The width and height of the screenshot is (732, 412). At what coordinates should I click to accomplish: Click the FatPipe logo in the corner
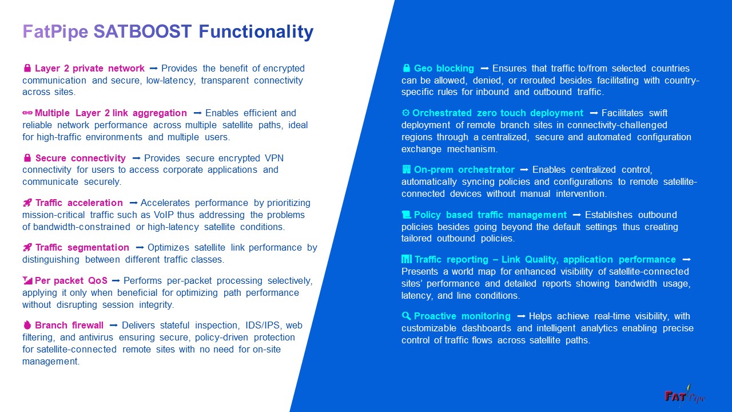click(685, 395)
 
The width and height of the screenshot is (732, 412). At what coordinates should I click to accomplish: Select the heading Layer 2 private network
click(90, 68)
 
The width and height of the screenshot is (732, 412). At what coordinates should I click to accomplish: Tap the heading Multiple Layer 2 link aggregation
click(111, 113)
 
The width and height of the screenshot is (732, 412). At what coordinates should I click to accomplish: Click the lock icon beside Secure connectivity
click(27, 158)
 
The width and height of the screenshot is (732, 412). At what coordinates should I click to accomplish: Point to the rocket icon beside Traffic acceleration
click(27, 203)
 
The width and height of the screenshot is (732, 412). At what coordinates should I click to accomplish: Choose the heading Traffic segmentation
click(82, 247)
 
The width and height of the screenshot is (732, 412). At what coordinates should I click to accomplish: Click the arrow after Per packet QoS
click(116, 280)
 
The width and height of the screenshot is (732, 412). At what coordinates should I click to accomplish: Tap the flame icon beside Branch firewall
click(27, 325)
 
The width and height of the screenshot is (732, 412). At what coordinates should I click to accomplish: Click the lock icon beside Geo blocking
click(406, 68)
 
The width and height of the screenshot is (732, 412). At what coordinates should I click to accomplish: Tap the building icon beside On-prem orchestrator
click(406, 169)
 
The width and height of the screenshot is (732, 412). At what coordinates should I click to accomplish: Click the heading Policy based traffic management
click(490, 215)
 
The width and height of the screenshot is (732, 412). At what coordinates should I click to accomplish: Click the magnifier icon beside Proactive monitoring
click(406, 316)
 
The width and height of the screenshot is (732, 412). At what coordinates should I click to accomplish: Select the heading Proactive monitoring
click(462, 316)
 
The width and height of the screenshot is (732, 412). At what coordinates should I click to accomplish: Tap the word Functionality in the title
click(256, 31)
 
